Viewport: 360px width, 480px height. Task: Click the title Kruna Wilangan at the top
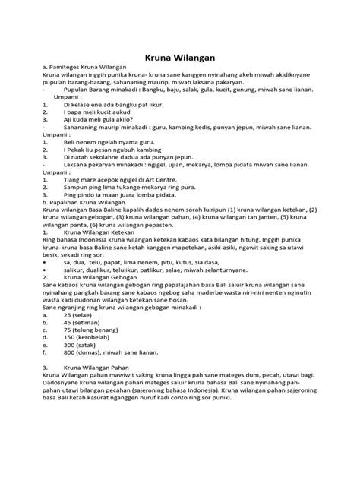[x=180, y=56]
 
